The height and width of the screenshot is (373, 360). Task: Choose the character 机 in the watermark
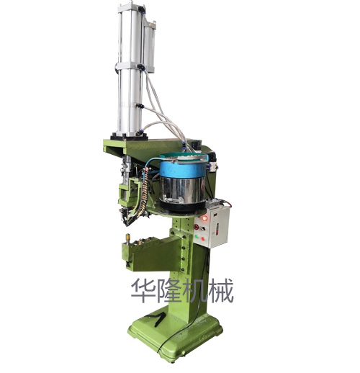[x=194, y=292]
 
